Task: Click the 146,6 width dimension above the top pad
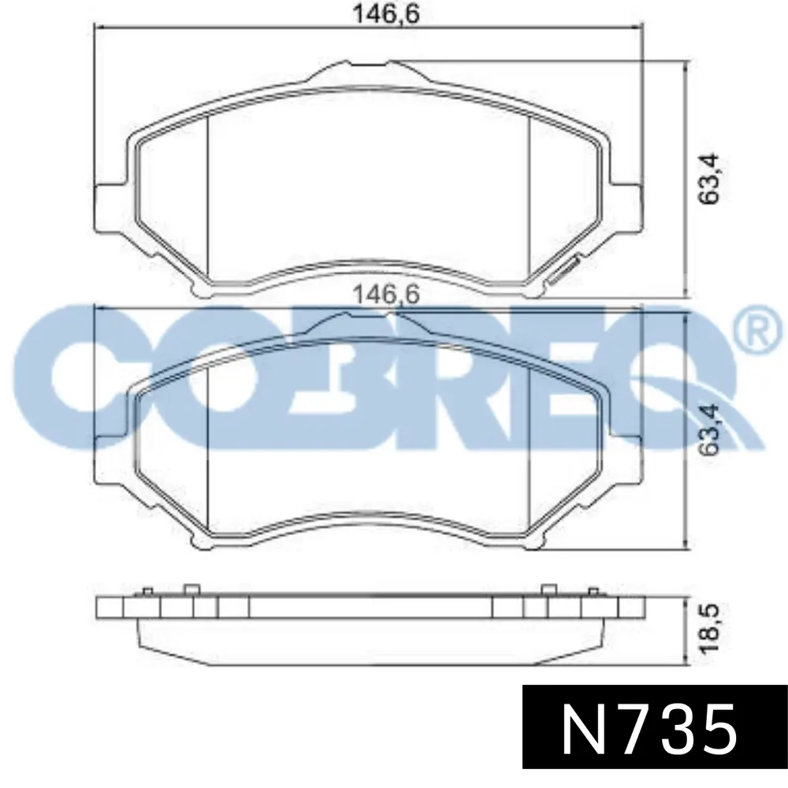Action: [386, 13]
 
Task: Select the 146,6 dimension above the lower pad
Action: [386, 294]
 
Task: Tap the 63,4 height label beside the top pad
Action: [709, 178]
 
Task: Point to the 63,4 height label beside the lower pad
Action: [709, 431]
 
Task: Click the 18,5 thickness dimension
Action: [709, 628]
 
